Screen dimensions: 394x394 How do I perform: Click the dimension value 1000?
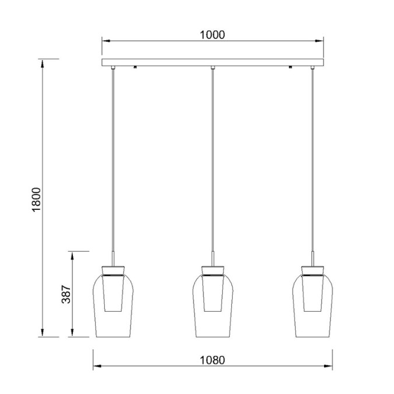pos(212,34)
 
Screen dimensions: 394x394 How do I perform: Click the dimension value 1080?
pos(212,360)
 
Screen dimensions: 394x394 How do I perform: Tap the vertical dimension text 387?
pos(66,295)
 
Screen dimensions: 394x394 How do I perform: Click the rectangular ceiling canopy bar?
pos(213,62)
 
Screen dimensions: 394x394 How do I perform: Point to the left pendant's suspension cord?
pos(113,163)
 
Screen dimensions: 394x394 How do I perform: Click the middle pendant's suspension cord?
pos(213,163)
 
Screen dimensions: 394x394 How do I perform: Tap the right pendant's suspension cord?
pos(312,163)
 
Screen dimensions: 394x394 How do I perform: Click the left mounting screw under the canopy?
pos(135,67)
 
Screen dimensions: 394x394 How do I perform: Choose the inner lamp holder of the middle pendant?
pos(213,294)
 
